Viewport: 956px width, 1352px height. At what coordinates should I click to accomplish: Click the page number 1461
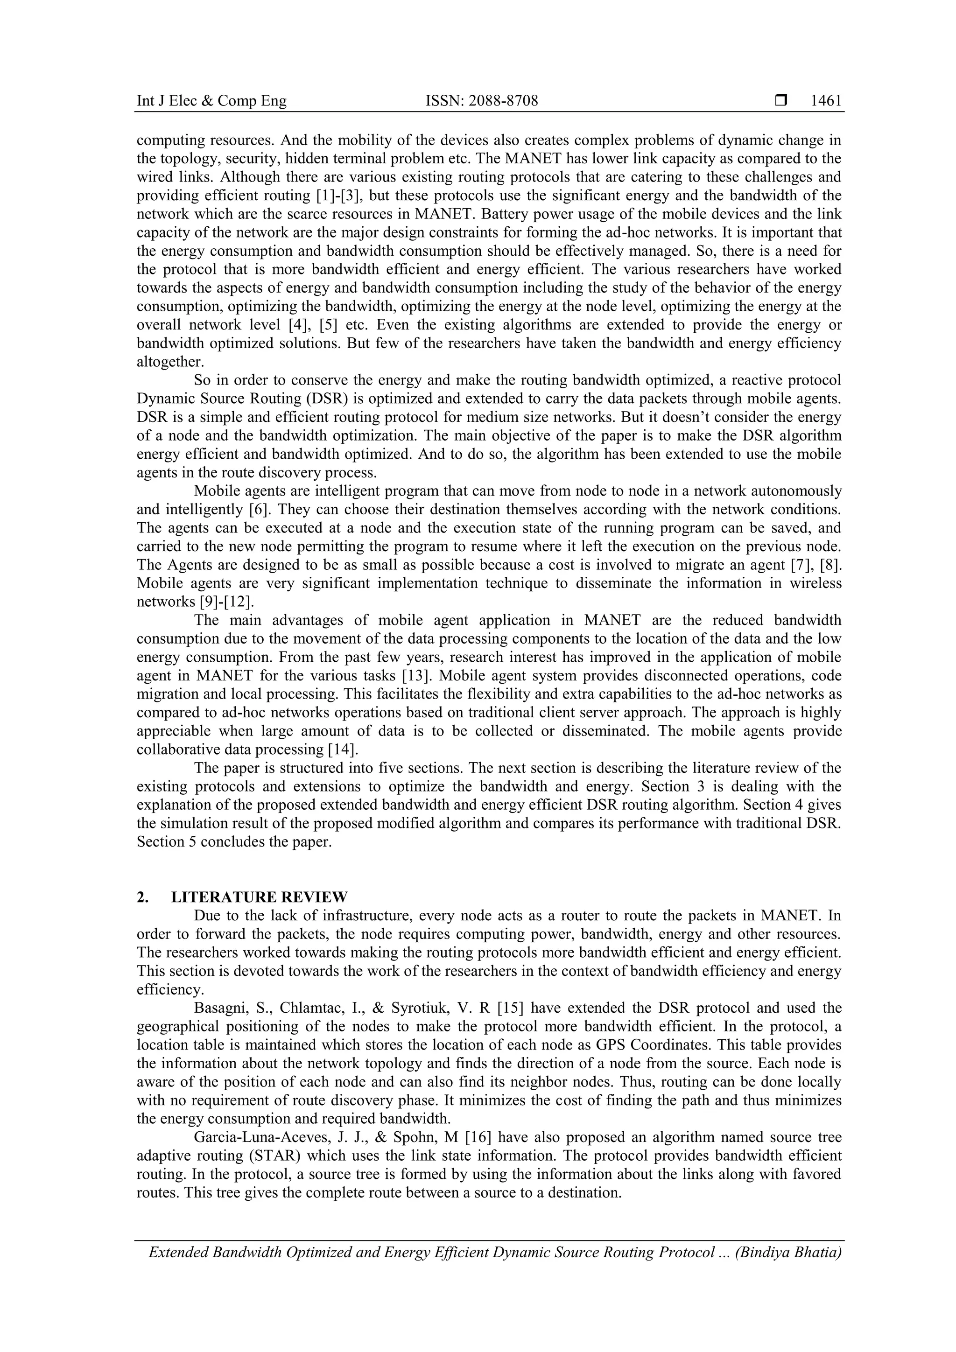click(x=826, y=101)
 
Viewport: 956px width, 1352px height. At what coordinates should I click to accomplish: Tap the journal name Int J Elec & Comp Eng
click(x=211, y=101)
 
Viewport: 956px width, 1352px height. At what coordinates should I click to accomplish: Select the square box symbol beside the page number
click(x=781, y=101)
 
